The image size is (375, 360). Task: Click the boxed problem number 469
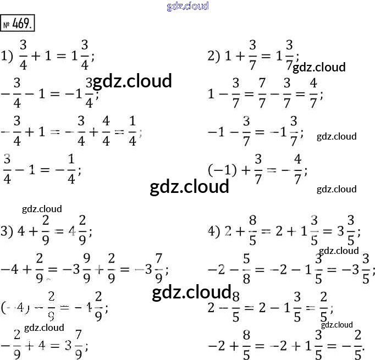tap(20, 25)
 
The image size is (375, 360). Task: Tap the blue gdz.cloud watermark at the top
tap(187, 6)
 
